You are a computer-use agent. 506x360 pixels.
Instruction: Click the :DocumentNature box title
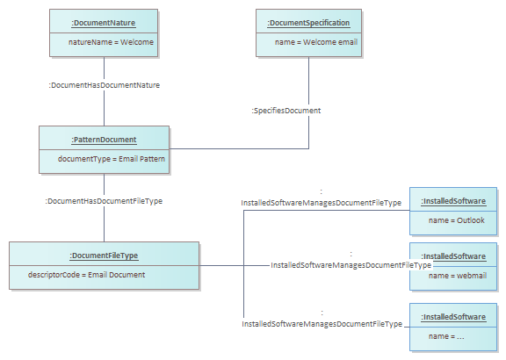104,23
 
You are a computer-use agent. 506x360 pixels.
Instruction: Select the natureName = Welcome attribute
111,42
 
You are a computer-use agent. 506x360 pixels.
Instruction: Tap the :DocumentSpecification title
308,23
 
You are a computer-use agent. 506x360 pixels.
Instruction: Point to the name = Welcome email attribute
316,42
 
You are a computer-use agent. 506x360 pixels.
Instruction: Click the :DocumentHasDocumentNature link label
105,85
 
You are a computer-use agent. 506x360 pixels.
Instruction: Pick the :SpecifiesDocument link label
286,111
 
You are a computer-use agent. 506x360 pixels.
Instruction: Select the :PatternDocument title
104,140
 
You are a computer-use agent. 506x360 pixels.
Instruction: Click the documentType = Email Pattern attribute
112,159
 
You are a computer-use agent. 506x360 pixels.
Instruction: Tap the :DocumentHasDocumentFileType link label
104,201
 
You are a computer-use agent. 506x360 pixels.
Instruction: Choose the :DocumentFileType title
104,256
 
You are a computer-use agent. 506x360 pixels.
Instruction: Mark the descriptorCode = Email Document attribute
86,275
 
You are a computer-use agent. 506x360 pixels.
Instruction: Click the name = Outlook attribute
457,220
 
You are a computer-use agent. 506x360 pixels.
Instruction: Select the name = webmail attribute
458,276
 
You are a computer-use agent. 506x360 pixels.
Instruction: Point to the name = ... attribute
446,336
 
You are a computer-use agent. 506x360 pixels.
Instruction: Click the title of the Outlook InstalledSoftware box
453,201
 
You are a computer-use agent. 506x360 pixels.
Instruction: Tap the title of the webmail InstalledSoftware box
453,256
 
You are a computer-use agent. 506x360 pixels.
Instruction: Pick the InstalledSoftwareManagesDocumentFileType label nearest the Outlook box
322,203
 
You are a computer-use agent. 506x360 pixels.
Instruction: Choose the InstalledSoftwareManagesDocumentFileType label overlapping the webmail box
351,265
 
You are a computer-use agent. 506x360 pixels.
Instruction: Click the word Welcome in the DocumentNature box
137,42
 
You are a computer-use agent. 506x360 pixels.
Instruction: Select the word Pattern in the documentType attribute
152,159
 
